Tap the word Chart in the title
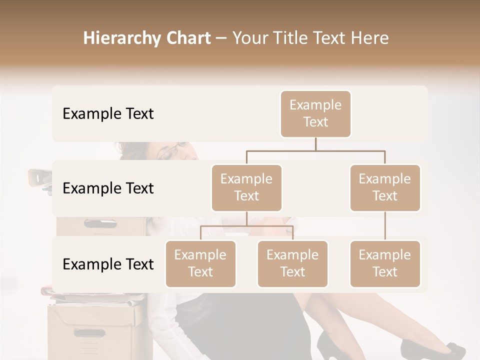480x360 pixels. [186, 38]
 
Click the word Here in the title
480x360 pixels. [369, 38]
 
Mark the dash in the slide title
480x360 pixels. [221, 38]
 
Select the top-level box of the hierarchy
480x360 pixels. [315, 114]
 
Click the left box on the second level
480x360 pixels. [246, 188]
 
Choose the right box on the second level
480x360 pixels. [385, 188]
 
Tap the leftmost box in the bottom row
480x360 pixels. [200, 264]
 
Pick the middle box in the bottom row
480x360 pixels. [292, 264]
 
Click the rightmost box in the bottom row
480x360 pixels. [385, 264]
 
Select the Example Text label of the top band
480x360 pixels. [108, 114]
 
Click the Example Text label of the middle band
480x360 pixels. [108, 188]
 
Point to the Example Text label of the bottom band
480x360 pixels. [108, 264]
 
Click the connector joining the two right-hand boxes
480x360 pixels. [385, 226]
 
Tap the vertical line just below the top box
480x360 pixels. [315, 144]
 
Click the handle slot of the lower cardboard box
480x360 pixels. [90, 332]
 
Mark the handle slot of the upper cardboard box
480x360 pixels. [100, 223]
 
